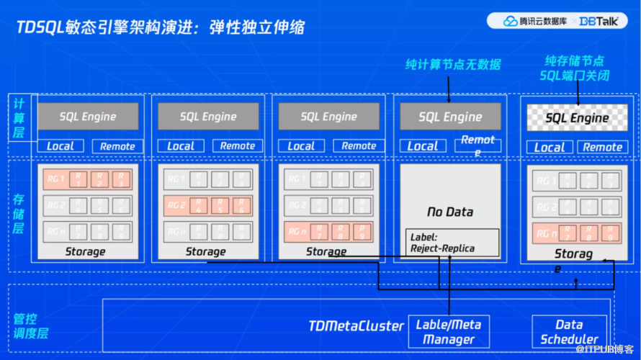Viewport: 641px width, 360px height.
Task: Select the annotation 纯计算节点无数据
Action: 452,65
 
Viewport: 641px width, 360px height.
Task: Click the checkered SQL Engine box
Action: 577,118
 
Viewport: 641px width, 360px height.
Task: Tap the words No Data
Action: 450,212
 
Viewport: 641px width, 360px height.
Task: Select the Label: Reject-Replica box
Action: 452,242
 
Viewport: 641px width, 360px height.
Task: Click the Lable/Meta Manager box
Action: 449,331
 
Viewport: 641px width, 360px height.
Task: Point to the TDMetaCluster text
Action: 356,325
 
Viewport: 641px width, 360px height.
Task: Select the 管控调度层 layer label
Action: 29,325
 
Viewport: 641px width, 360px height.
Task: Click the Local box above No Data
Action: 423,146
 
